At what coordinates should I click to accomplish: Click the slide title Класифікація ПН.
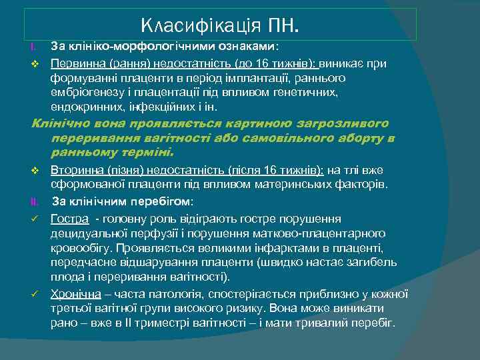coord(221,26)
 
